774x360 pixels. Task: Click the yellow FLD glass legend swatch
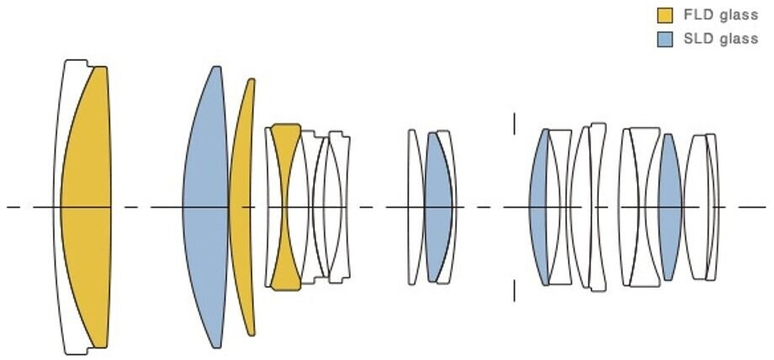pyautogui.click(x=665, y=14)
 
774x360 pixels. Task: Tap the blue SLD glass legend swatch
pyautogui.click(x=665, y=40)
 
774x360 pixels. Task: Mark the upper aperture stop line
pyautogui.click(x=514, y=124)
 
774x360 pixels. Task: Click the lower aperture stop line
pyautogui.click(x=514, y=290)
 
